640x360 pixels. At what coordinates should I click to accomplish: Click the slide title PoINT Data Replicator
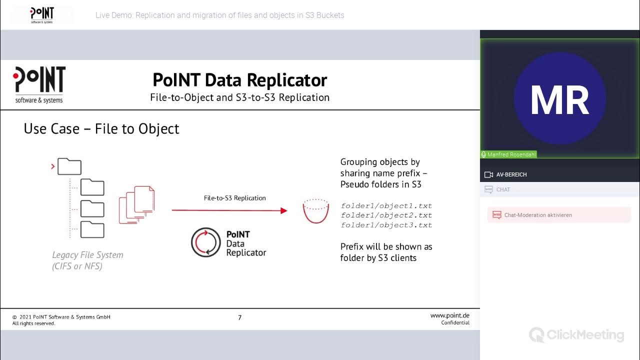(239, 80)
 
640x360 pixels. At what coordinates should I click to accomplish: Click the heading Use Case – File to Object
(101, 129)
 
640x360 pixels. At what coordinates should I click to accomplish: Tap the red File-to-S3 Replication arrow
(229, 210)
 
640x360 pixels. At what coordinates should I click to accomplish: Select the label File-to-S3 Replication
(234, 198)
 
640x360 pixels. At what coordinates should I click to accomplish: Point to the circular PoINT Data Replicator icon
(205, 242)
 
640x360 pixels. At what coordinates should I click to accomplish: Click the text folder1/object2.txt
(386, 215)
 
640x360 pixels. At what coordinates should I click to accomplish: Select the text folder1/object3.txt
(386, 225)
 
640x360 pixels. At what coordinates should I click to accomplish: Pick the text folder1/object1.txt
(386, 206)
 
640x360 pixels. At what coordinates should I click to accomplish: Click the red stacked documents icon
(137, 204)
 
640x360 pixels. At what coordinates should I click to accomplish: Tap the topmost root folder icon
(69, 166)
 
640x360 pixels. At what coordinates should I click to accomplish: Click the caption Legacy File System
(87, 255)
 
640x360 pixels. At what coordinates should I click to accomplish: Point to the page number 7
(240, 317)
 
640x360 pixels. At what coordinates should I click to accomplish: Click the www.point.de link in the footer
(449, 315)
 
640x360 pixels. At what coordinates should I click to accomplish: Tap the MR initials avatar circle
(559, 98)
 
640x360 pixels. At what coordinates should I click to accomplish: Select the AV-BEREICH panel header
(511, 174)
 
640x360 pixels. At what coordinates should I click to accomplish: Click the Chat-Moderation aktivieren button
(537, 215)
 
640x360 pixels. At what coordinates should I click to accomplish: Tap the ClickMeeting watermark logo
(576, 334)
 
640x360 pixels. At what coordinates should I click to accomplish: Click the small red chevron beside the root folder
(52, 166)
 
